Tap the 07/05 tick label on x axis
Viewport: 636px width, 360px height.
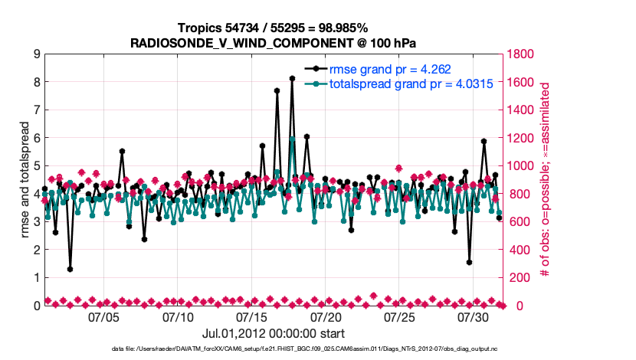tap(105, 316)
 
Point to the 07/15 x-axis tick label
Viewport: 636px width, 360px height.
tap(253, 316)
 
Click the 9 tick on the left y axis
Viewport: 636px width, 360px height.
tap(36, 54)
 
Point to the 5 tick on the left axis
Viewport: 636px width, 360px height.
tap(36, 165)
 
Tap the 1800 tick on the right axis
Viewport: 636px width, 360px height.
tap(523, 54)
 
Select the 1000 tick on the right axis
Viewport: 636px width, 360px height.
tap(523, 165)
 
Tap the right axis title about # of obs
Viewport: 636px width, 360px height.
tap(546, 179)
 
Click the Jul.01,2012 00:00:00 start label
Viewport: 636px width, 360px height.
tap(273, 334)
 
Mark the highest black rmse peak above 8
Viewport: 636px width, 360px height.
tap(292, 78)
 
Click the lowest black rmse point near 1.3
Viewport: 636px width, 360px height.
tap(70, 269)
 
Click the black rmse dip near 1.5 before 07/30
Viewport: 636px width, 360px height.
tap(469, 262)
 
